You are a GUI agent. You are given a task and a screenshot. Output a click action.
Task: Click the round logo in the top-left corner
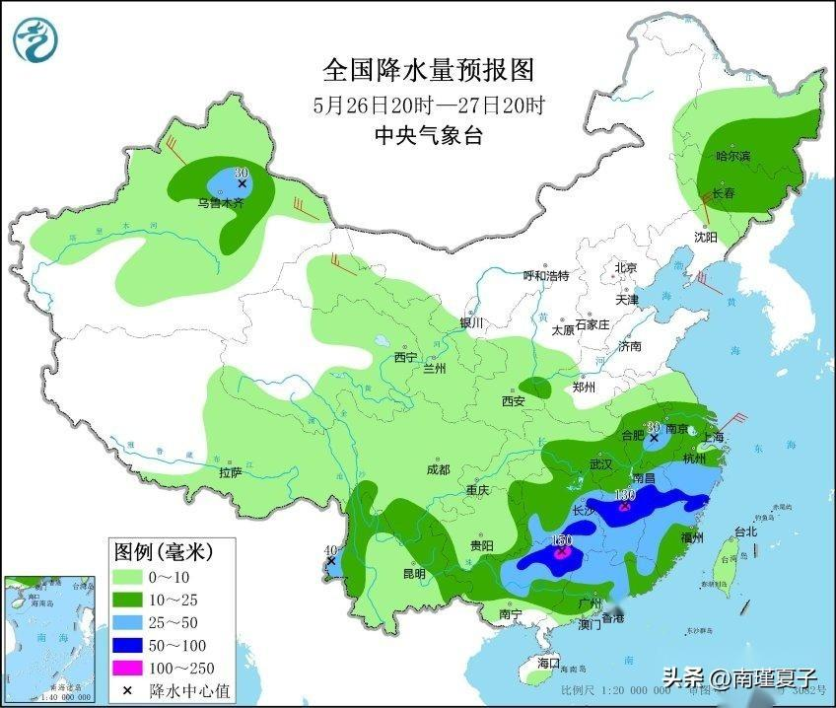click(x=35, y=38)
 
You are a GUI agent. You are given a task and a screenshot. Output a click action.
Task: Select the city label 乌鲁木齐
click(x=220, y=203)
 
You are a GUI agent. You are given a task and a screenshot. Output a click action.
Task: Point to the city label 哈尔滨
click(x=732, y=157)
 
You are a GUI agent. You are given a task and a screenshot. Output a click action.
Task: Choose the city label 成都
click(x=437, y=470)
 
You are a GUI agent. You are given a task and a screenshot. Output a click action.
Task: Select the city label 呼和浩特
click(x=546, y=276)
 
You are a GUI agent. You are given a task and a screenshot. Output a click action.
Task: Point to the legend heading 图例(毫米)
click(x=163, y=549)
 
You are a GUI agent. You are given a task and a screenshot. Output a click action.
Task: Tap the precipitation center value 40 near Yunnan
click(x=330, y=550)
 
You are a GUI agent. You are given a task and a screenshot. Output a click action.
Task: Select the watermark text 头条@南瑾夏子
click(x=739, y=678)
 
